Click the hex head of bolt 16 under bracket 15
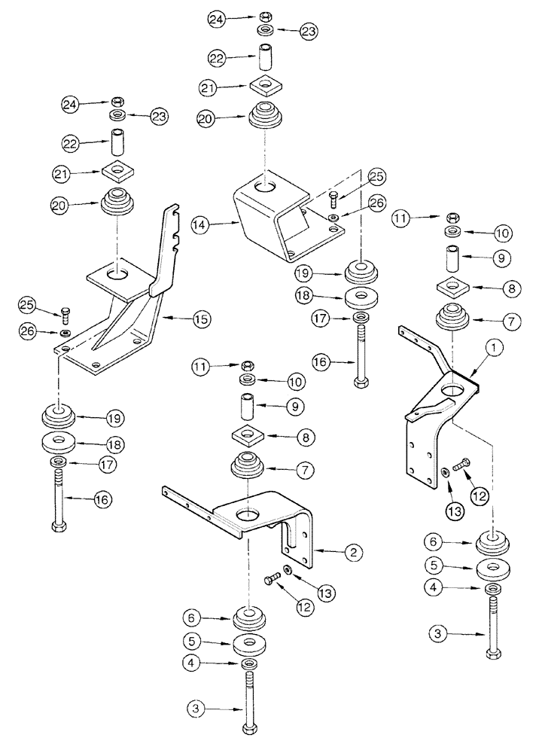58,526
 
